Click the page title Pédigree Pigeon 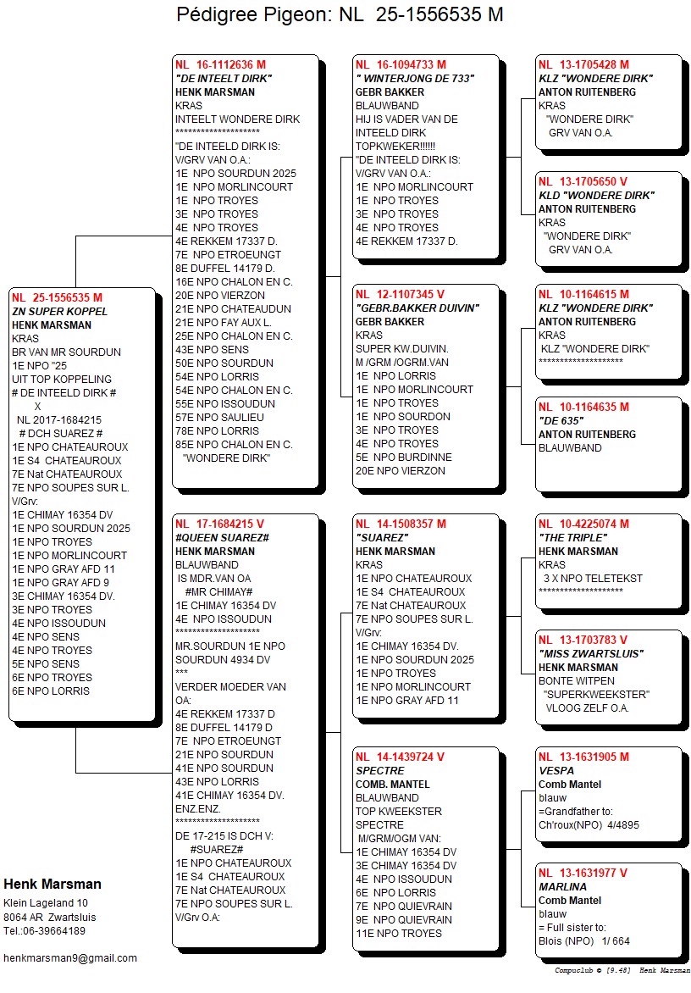pyautogui.click(x=340, y=15)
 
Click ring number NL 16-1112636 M pyautogui.click(x=220, y=64)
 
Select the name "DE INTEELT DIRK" pyautogui.click(x=223, y=79)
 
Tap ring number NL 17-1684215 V pyautogui.click(x=219, y=524)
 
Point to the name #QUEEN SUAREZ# pyautogui.click(x=222, y=538)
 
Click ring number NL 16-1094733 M pyautogui.click(x=401, y=64)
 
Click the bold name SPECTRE pyautogui.click(x=379, y=771)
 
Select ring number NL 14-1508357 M pyautogui.click(x=401, y=524)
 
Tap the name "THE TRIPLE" pyautogui.click(x=572, y=538)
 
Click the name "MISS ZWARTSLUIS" pyautogui.click(x=591, y=653)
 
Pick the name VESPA pyautogui.click(x=556, y=771)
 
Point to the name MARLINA pyautogui.click(x=562, y=886)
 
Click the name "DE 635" pyautogui.click(x=560, y=420)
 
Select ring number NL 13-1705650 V pyautogui.click(x=583, y=181)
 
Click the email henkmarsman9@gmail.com pyautogui.click(x=70, y=957)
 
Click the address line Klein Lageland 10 pyautogui.click(x=46, y=903)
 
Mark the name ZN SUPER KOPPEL pyautogui.click(x=59, y=312)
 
